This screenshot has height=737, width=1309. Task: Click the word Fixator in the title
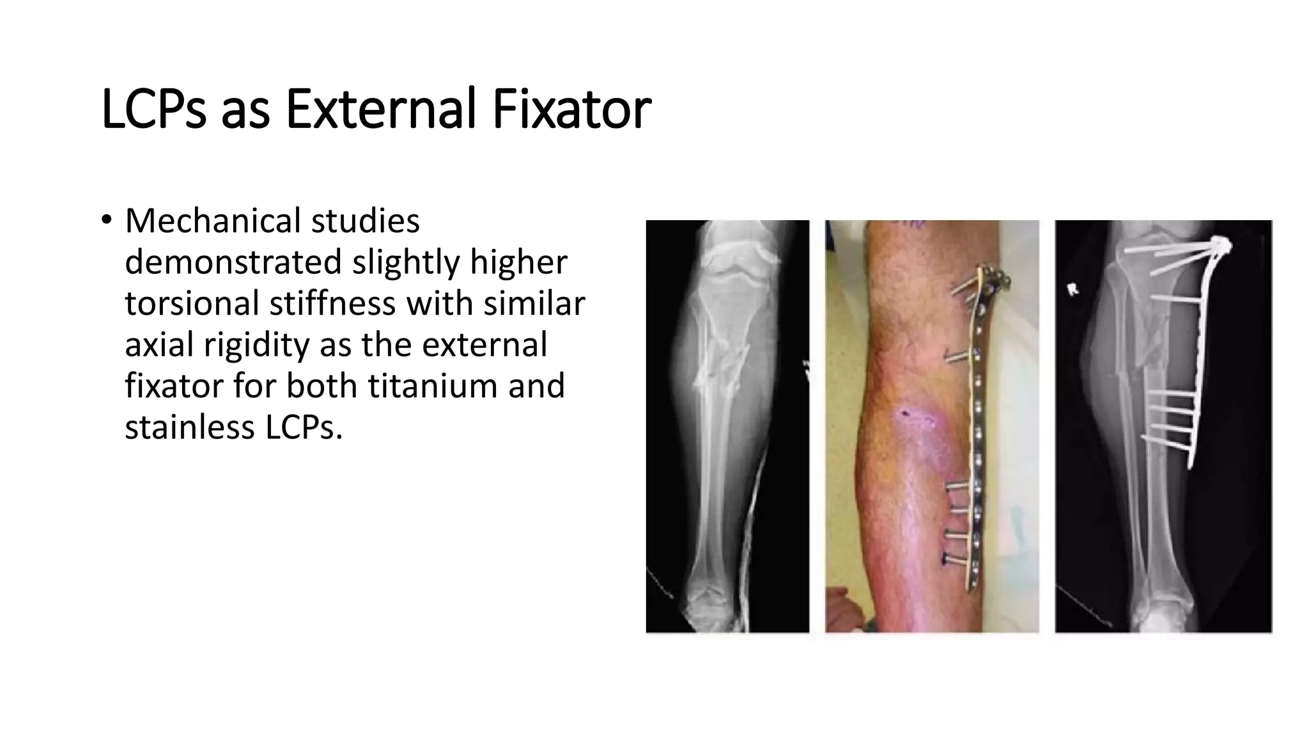point(571,109)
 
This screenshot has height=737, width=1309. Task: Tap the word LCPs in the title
point(153,109)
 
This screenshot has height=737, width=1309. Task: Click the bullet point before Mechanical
point(106,220)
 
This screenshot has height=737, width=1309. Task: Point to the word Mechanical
point(213,221)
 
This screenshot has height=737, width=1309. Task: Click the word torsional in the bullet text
point(190,303)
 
